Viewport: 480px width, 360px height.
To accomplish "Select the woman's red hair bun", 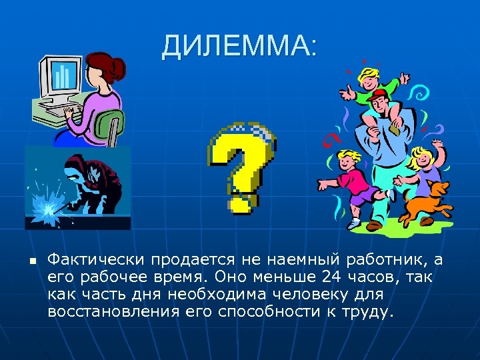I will pos(119,67).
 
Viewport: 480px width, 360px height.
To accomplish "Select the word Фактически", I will pos(96,258).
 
